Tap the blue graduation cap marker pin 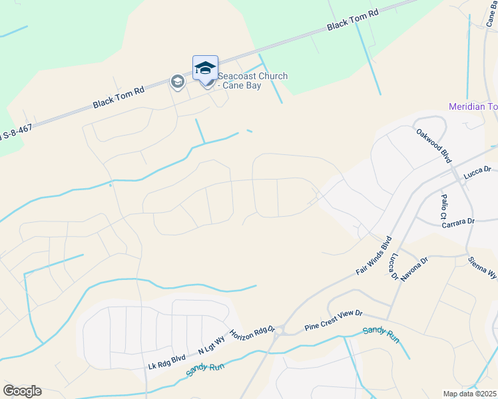pyautogui.click(x=205, y=69)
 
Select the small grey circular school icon pyautogui.click(x=177, y=82)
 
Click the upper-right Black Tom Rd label pyautogui.click(x=352, y=21)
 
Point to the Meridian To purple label pyautogui.click(x=473, y=106)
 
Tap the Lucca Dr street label pyautogui.click(x=477, y=172)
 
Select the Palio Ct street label pyautogui.click(x=443, y=207)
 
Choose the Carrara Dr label pyautogui.click(x=456, y=221)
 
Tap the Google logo pyautogui.click(x=22, y=390)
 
